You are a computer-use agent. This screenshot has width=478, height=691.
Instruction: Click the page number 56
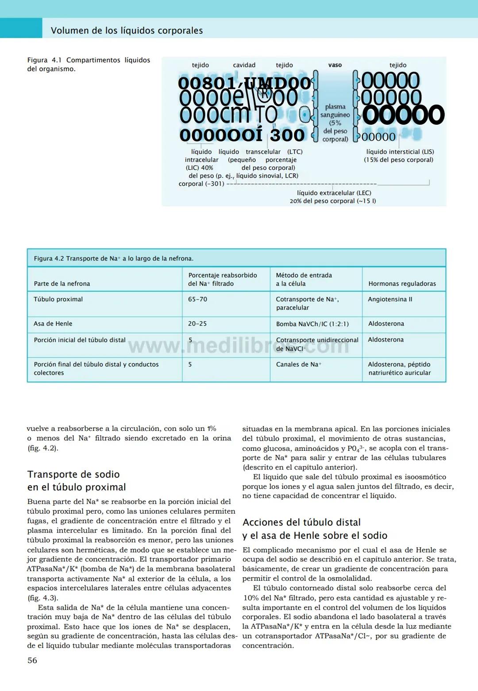[32, 660]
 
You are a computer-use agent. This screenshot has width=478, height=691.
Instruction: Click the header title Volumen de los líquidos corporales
[127, 31]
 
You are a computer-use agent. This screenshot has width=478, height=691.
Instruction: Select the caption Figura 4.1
[89, 64]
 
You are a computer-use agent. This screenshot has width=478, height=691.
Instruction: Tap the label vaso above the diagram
[335, 65]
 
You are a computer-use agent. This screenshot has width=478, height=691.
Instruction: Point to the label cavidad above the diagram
[244, 65]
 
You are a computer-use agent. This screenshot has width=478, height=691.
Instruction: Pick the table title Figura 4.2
[113, 258]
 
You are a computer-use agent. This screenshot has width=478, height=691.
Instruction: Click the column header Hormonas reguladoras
[402, 284]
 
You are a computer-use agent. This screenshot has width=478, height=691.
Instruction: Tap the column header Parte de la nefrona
[62, 284]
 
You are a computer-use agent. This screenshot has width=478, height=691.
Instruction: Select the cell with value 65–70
[197, 299]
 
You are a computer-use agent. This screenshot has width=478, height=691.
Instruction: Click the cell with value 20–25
[197, 324]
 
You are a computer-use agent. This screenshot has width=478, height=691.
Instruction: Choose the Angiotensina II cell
[390, 299]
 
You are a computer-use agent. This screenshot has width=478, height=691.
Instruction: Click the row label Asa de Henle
[53, 324]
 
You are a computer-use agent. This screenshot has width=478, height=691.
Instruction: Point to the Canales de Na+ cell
[299, 365]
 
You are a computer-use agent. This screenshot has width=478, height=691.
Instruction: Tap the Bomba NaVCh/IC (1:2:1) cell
[312, 324]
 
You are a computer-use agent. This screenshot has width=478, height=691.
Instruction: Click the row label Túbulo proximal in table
[58, 299]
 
